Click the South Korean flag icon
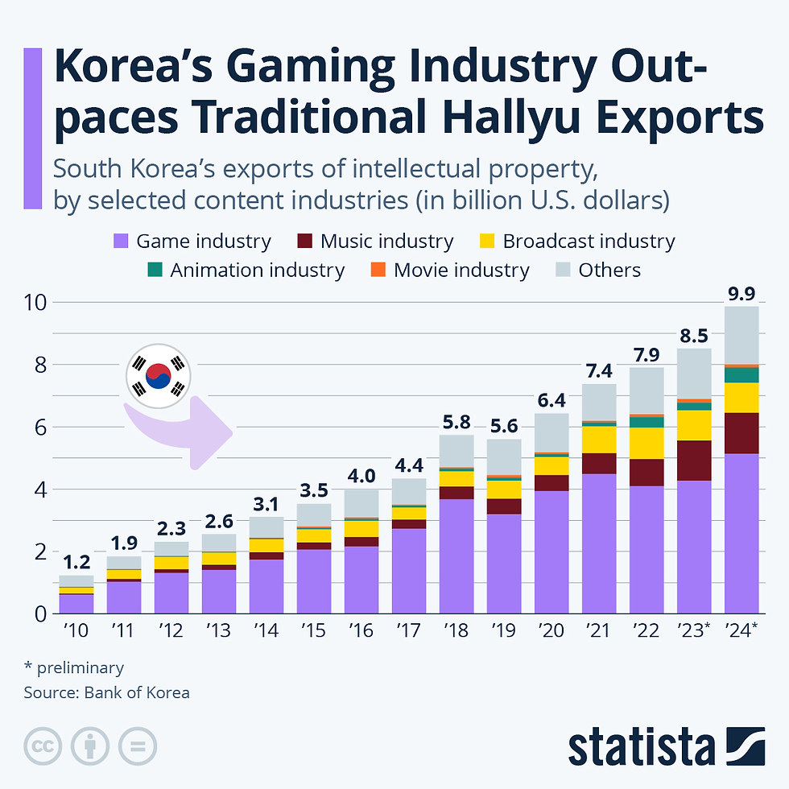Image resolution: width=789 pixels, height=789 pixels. (x=158, y=375)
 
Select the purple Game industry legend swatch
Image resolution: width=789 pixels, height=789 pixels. (x=121, y=241)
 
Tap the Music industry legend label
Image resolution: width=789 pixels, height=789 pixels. (x=386, y=241)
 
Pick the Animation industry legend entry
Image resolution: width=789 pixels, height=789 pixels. (x=257, y=270)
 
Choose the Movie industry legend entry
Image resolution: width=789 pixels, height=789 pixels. (x=461, y=270)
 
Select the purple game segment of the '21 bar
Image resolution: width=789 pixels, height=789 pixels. (x=598, y=543)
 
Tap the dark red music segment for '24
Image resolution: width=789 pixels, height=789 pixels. (x=741, y=433)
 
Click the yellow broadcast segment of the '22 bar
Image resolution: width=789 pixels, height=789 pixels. (x=646, y=443)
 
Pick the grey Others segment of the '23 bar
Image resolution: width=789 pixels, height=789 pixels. (x=693, y=374)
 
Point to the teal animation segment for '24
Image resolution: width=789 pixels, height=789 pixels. (x=741, y=375)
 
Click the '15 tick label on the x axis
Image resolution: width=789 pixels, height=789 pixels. (x=313, y=630)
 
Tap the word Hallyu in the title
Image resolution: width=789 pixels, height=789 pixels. (x=524, y=118)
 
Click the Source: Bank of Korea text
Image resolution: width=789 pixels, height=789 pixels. (x=106, y=692)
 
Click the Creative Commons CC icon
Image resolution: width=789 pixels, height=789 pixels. (x=43, y=747)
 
